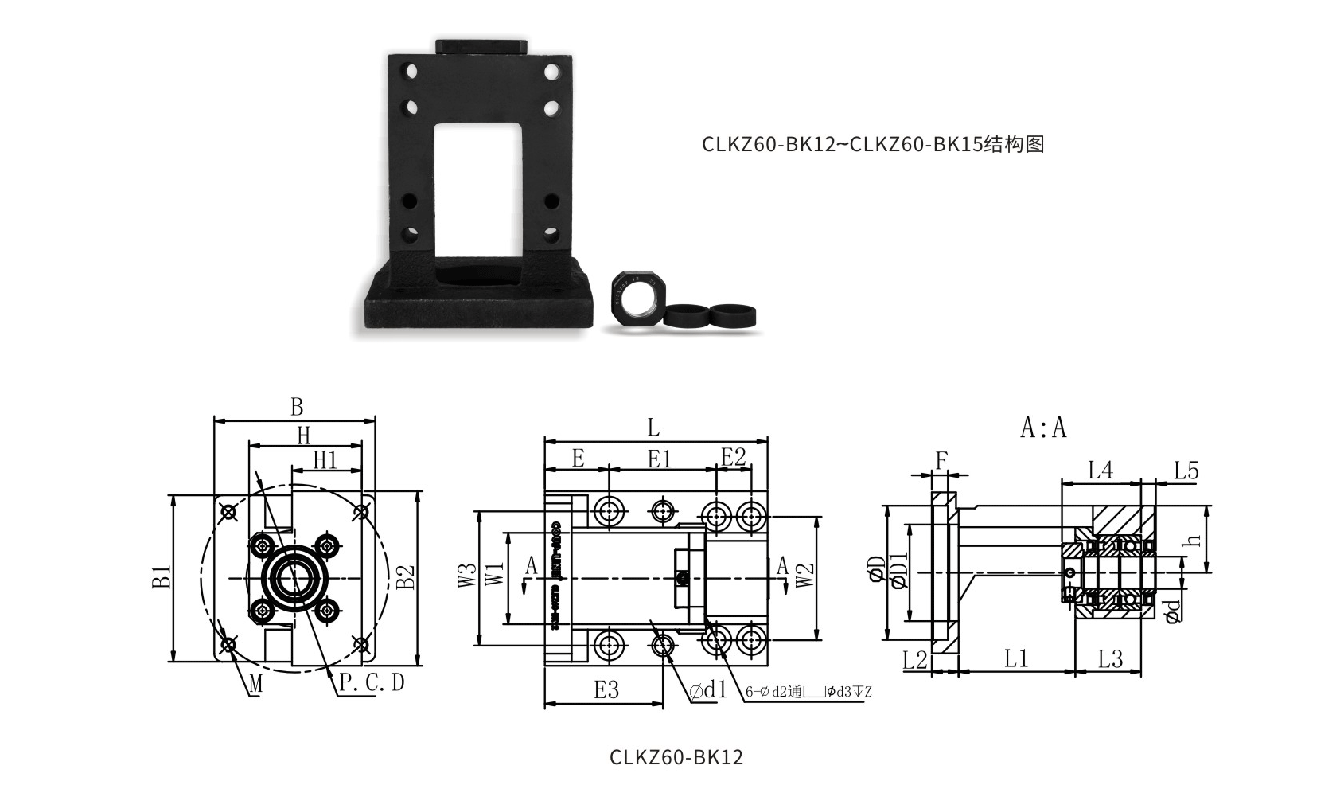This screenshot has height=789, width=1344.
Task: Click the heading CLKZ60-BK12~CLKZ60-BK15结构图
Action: point(872,144)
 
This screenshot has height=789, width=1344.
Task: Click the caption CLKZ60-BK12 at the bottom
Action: point(676,756)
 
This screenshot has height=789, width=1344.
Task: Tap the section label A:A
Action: point(1042,428)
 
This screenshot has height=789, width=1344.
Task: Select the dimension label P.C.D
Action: point(372,683)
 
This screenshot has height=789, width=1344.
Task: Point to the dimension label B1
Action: point(162,577)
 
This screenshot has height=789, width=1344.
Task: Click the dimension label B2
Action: point(406,577)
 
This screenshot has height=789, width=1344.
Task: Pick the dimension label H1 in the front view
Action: point(325,460)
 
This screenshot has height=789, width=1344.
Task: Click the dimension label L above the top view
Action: point(653,428)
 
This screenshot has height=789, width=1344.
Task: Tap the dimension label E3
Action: point(606,689)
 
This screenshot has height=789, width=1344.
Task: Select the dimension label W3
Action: point(466,577)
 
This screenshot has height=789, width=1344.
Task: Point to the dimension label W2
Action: point(805,576)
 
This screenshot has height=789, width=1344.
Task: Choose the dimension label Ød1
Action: point(709,689)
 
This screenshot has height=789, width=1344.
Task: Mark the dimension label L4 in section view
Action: point(1101,471)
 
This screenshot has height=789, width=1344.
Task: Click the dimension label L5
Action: point(1186,471)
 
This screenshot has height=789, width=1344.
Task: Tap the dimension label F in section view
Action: point(942,460)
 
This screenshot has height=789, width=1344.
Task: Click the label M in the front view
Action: point(255,683)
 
